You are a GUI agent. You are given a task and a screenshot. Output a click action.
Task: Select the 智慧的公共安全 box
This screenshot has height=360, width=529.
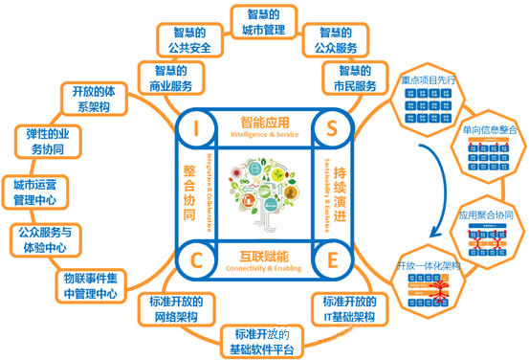[x=188, y=41]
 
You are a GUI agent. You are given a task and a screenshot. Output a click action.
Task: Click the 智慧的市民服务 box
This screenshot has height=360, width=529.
[x=356, y=78]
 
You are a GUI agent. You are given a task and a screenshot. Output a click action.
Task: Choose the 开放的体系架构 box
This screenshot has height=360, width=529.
[x=94, y=99]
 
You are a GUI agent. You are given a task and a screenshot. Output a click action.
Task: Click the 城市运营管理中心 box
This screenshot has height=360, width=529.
[x=34, y=191]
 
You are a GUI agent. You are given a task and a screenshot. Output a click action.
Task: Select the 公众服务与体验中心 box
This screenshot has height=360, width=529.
[x=46, y=238]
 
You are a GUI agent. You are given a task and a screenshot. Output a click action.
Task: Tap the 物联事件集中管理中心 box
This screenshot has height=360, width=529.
[x=88, y=285]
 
